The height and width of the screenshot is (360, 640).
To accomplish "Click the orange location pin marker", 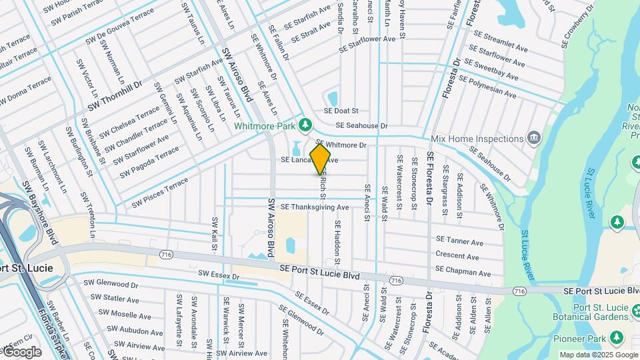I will click(x=321, y=158).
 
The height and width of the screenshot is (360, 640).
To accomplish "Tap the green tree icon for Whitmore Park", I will click(x=305, y=124).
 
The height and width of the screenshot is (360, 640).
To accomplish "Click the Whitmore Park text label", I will click(x=264, y=125).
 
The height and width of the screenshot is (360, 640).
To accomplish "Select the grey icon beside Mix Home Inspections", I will click(x=534, y=138).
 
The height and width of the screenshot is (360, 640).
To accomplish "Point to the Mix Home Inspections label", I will click(x=477, y=139).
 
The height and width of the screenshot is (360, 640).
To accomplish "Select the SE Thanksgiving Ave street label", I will click(x=315, y=207).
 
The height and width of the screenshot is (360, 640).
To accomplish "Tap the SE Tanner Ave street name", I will click(x=459, y=240).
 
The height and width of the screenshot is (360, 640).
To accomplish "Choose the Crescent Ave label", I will click(x=458, y=255).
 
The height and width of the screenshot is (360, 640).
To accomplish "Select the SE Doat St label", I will click(x=341, y=111).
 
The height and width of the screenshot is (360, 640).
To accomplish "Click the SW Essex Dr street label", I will click(x=218, y=274).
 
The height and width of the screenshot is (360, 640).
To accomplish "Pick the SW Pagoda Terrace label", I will click(x=149, y=163).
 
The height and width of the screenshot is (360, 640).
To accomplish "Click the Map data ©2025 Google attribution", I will click(x=598, y=355).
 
